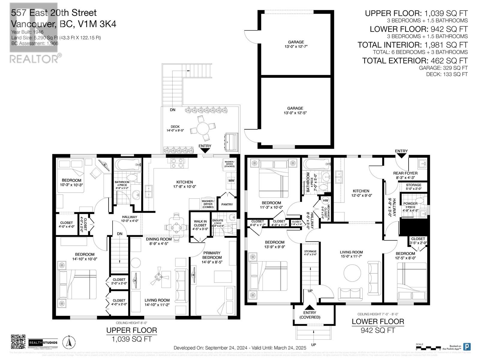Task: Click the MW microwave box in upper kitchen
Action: pos(231,181)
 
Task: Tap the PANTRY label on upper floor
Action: pos(227,204)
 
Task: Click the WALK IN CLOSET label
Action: pos(200,223)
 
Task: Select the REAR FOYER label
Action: pos(405,173)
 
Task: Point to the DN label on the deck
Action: pos(172,110)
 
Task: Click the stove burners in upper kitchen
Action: pos(179,163)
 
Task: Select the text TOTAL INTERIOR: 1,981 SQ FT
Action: pos(412,45)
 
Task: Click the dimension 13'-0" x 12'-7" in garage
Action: pos(296,46)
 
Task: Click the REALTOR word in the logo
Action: pos(34,59)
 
